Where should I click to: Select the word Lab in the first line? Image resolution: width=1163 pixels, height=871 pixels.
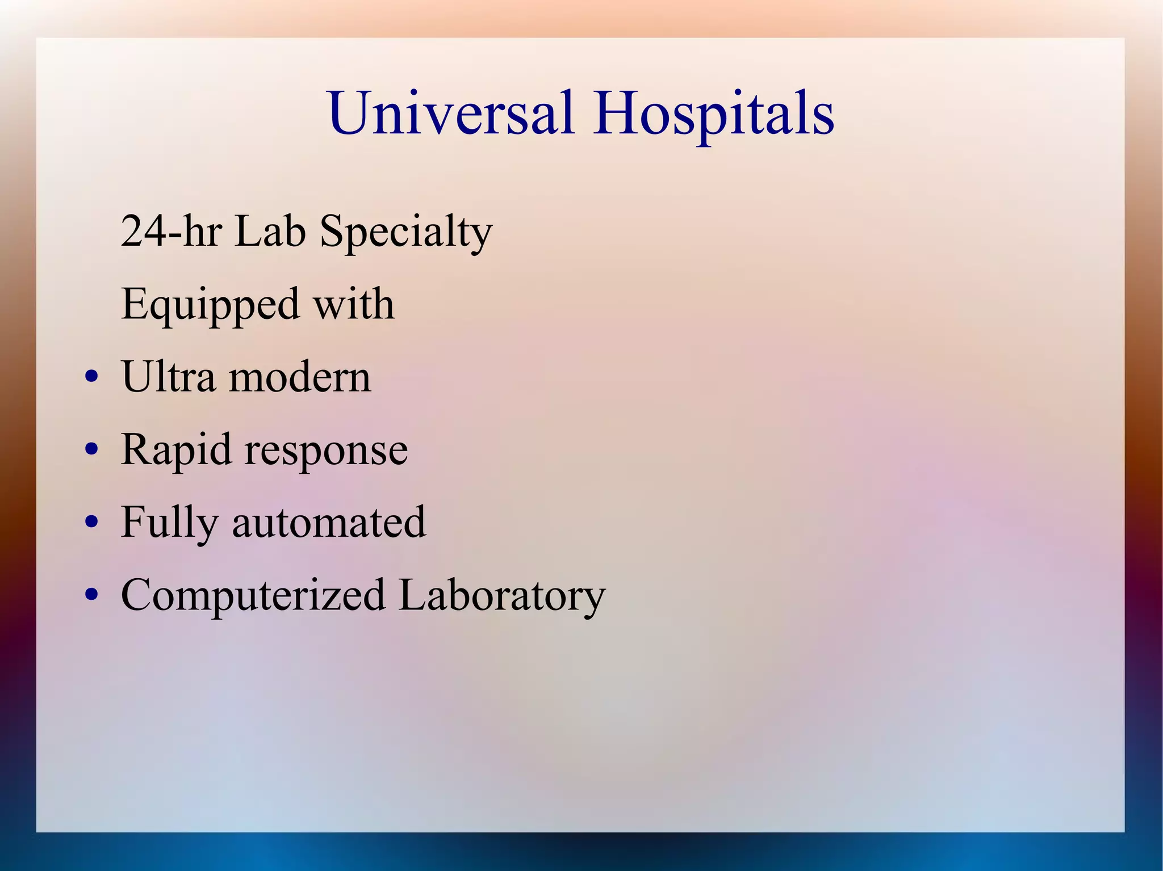pyautogui.click(x=270, y=232)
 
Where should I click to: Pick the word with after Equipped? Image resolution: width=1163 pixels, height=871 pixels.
pyautogui.click(x=354, y=304)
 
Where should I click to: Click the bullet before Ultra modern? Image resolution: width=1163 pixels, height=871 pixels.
pyautogui.click(x=91, y=377)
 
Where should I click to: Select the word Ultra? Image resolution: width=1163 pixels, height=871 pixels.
pyautogui.click(x=168, y=377)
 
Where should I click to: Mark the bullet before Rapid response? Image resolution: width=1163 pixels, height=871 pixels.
pyautogui.click(x=91, y=449)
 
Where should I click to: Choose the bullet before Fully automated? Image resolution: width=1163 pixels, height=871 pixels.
pyautogui.click(x=91, y=522)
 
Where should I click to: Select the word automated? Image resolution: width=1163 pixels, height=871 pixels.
pyautogui.click(x=329, y=523)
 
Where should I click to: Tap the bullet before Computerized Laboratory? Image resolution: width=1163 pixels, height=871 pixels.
pyautogui.click(x=91, y=595)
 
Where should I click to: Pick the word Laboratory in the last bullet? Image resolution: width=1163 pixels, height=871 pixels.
pyautogui.click(x=501, y=596)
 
